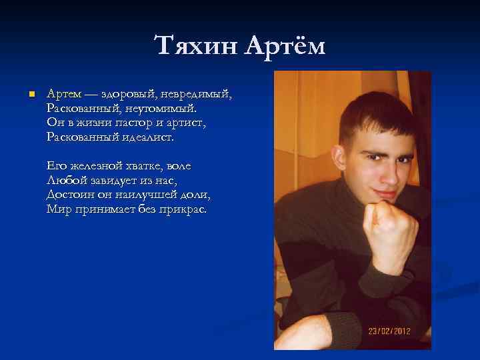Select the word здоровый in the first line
[x=125, y=93]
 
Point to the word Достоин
[x=69, y=195]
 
